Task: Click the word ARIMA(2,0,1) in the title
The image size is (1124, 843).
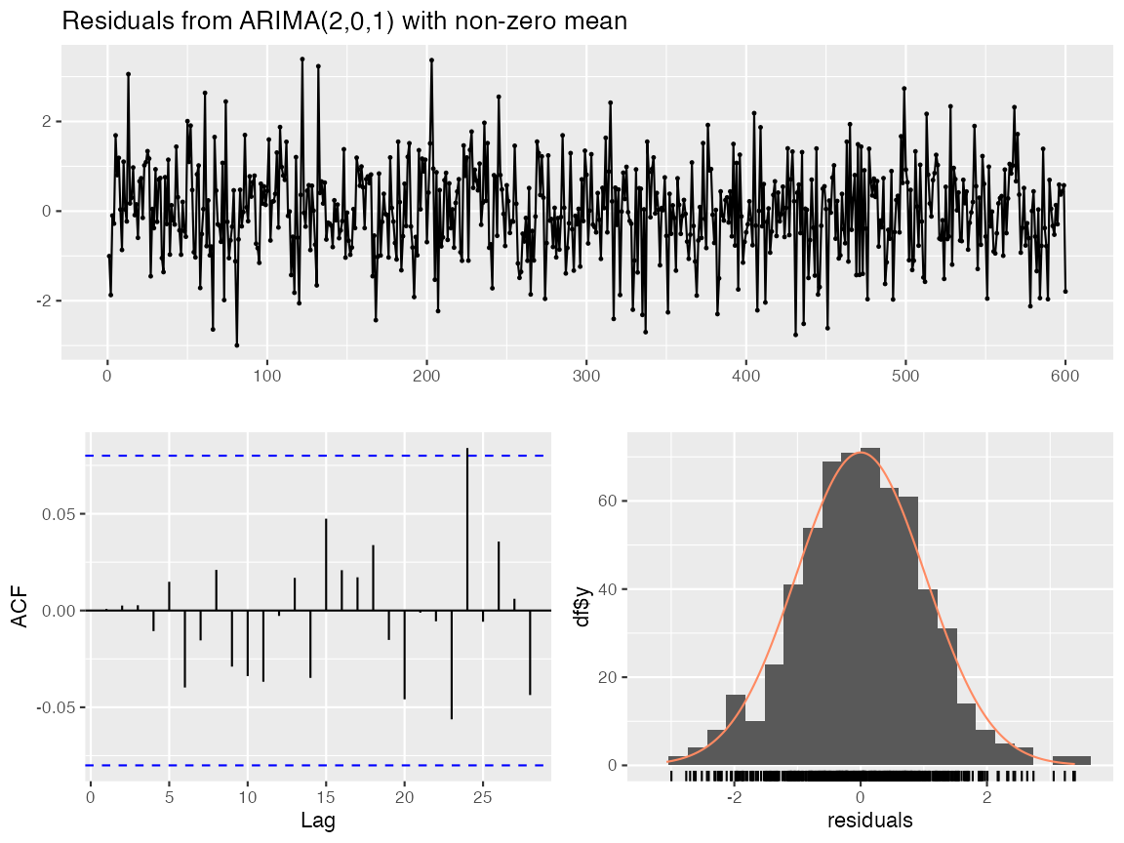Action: pos(316,21)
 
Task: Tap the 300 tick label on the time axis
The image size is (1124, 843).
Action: pos(585,377)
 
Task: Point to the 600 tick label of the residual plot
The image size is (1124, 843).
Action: pos(1064,377)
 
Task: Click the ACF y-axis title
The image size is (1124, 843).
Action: pos(20,607)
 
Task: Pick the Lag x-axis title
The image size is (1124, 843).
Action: pos(317,821)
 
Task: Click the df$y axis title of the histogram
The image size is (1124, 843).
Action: pos(582,607)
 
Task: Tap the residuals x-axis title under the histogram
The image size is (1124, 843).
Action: pos(869,820)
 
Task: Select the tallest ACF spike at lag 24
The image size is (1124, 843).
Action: pos(467,529)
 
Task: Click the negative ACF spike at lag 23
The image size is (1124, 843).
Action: pos(452,664)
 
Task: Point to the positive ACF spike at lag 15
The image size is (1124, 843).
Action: pos(326,565)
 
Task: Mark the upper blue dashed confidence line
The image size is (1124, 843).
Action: pos(317,456)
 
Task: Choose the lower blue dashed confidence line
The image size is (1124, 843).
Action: pos(317,766)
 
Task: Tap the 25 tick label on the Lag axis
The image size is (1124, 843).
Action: pos(483,798)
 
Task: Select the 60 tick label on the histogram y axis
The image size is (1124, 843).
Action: pos(608,501)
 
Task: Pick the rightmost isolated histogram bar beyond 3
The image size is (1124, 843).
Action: pos(1071,761)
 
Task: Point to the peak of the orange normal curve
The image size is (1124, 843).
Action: pos(861,453)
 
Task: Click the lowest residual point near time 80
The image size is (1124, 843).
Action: pos(236,345)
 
